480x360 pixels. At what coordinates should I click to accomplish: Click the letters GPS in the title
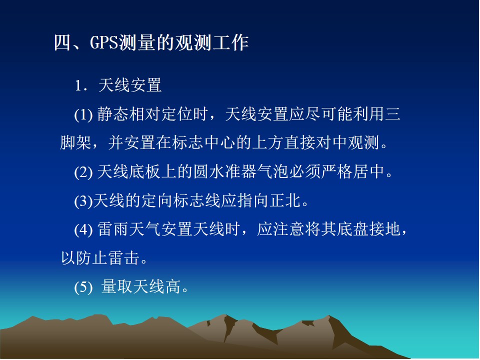point(103,42)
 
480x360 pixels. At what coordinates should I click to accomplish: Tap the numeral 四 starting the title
point(62,42)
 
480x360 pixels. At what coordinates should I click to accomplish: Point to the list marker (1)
point(83,115)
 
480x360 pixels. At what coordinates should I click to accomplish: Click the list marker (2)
point(83,172)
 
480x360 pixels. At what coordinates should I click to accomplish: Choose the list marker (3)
point(83,201)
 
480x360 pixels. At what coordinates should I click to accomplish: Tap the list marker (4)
point(83,229)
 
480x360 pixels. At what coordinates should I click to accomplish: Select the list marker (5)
point(83,287)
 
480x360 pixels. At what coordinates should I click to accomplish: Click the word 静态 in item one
point(113,114)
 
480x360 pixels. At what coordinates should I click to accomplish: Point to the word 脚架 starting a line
point(75,142)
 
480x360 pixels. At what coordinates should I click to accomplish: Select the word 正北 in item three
point(285,200)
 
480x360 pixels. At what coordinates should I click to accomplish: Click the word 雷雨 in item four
point(113,229)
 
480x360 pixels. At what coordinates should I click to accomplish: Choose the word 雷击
point(123,258)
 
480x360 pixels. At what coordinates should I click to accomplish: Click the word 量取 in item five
point(116,286)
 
